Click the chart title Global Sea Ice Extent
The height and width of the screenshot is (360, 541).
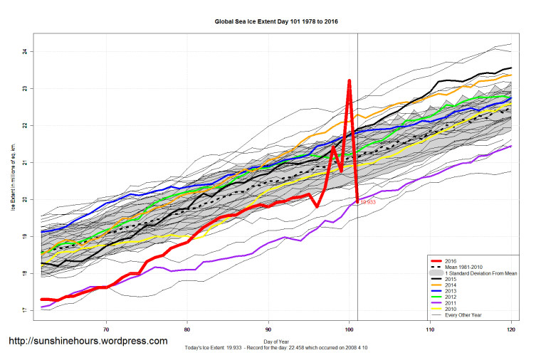click(x=275, y=22)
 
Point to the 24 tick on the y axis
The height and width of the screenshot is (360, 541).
click(x=24, y=52)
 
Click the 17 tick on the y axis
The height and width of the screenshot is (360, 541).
click(x=24, y=311)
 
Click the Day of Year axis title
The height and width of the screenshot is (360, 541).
click(x=275, y=342)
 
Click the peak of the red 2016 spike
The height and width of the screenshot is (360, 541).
click(x=350, y=81)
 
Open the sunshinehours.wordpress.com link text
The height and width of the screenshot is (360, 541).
click(x=88, y=342)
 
